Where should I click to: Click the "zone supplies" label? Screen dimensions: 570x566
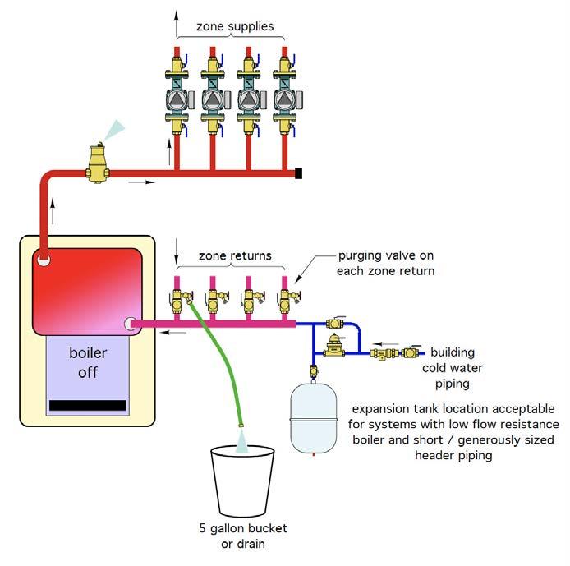[235, 26]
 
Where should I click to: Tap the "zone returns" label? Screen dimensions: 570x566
[235, 255]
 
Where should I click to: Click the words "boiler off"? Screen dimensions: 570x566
[88, 362]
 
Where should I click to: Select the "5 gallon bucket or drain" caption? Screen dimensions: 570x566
[243, 536]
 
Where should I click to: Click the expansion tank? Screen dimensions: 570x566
[314, 418]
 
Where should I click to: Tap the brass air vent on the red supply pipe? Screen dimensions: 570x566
[98, 163]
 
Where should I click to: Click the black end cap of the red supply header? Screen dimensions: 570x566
[298, 173]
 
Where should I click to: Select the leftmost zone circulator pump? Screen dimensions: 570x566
[177, 99]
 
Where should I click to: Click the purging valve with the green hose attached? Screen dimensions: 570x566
[179, 300]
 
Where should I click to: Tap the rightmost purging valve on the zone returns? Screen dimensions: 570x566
[288, 300]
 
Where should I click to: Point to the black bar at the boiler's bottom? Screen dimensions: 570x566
[88, 405]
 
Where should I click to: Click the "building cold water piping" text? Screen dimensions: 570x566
[453, 368]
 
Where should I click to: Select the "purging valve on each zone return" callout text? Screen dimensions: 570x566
[386, 263]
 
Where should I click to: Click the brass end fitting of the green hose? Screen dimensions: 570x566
[241, 425]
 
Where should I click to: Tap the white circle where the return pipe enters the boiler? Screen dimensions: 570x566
[130, 324]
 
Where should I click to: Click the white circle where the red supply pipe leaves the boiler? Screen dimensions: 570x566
[44, 260]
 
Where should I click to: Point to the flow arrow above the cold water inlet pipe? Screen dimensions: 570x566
[386, 344]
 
